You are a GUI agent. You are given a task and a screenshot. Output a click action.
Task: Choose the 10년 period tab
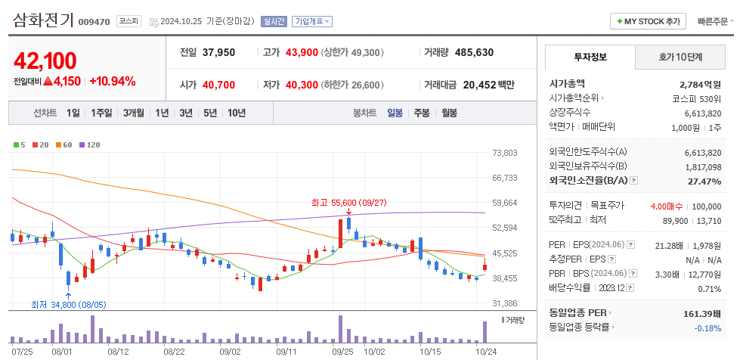click(237, 113)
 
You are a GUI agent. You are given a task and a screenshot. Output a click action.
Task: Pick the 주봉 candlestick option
click(421, 113)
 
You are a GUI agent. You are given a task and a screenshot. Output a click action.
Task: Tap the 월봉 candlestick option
click(449, 113)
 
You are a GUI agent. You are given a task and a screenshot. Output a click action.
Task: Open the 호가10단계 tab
click(680, 57)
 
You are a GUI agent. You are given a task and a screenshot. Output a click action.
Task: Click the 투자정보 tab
click(590, 57)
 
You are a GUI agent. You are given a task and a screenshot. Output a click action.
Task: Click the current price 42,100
click(45, 61)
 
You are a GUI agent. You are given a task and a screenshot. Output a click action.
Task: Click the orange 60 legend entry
click(63, 144)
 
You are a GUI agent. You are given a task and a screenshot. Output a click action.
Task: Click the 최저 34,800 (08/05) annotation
click(69, 305)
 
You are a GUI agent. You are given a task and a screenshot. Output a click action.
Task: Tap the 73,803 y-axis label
click(504, 153)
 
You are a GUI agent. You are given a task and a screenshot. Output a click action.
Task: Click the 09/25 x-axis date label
click(342, 352)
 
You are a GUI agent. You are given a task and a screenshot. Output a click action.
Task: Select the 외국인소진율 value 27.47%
click(703, 181)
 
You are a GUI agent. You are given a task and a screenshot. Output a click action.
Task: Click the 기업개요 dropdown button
click(311, 22)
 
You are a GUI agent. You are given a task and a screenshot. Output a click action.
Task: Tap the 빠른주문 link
click(714, 21)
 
